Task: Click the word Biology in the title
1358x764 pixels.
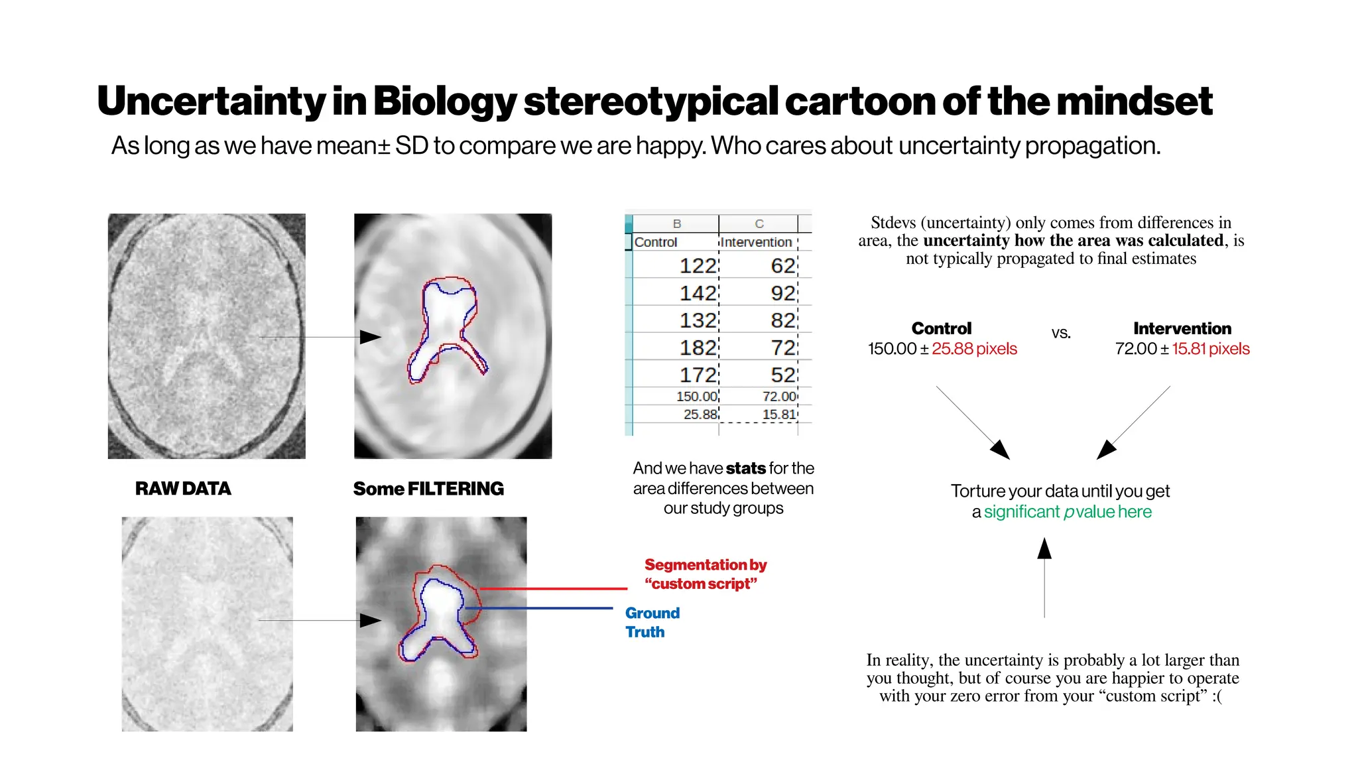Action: pyautogui.click(x=444, y=101)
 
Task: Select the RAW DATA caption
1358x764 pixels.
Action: pyautogui.click(x=183, y=489)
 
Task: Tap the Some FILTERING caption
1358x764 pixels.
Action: pyautogui.click(x=428, y=489)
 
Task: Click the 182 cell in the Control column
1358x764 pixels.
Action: pyautogui.click(x=698, y=348)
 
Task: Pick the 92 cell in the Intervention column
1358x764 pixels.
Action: pyautogui.click(x=782, y=293)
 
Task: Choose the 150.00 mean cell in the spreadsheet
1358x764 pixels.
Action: pyautogui.click(x=696, y=397)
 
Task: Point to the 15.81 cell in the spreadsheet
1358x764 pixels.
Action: pyautogui.click(x=778, y=414)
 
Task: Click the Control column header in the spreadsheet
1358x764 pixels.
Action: pyautogui.click(x=656, y=242)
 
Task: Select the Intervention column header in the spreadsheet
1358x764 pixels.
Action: pyautogui.click(x=757, y=242)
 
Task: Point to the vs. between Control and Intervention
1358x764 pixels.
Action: pyautogui.click(x=1061, y=333)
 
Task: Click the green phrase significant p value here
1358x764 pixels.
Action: pyautogui.click(x=1068, y=512)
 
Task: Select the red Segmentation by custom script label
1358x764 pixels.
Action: pyautogui.click(x=705, y=574)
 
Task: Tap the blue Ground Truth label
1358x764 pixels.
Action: pyautogui.click(x=652, y=622)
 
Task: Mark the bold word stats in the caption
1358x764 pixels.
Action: pyautogui.click(x=746, y=468)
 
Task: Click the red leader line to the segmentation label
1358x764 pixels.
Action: pyautogui.click(x=554, y=588)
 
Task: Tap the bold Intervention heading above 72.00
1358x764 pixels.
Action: pyautogui.click(x=1182, y=328)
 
